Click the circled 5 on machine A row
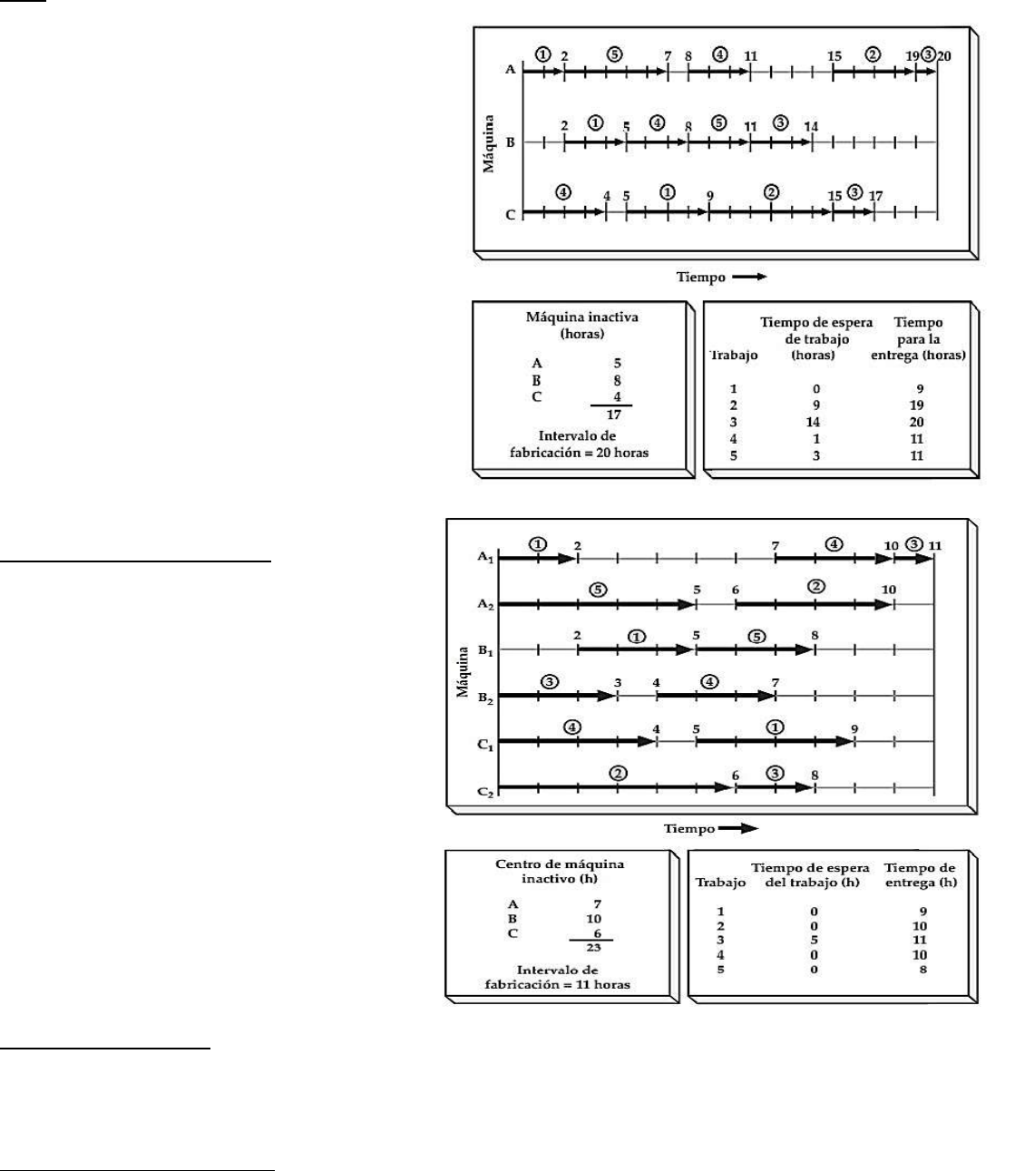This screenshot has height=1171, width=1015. click(x=615, y=54)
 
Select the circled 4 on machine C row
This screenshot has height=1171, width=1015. click(x=563, y=192)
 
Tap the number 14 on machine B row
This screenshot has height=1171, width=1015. click(x=811, y=126)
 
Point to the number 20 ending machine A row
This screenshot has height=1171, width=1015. click(x=943, y=56)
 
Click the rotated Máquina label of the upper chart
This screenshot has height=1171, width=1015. click(x=488, y=143)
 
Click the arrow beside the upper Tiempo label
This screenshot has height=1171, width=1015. click(x=749, y=277)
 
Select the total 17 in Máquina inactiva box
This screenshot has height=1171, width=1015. click(x=614, y=415)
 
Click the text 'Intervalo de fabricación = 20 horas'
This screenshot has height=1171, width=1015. click(x=579, y=444)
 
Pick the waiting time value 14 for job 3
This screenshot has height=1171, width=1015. click(x=813, y=422)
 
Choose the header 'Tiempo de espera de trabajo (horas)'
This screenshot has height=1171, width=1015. click(x=816, y=338)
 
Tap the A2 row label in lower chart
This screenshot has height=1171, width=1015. click(x=485, y=604)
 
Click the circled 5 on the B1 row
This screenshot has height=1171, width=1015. click(x=757, y=637)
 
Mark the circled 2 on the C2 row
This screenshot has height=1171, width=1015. click(x=618, y=774)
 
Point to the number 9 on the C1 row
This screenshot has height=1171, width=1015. click(x=854, y=729)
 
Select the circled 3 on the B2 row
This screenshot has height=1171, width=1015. click(x=550, y=682)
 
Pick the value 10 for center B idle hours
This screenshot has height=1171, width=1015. click(x=593, y=919)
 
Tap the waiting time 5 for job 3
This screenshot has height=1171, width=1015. click(x=814, y=940)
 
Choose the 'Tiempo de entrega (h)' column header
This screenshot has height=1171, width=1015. click(x=921, y=874)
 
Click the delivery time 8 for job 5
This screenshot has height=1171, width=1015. click(x=923, y=970)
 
